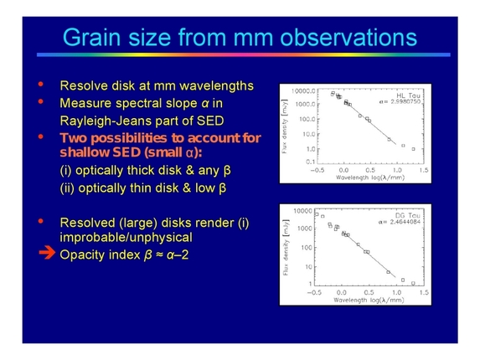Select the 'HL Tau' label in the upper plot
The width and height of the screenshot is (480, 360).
400,96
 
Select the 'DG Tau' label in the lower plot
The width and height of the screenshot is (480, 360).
400,215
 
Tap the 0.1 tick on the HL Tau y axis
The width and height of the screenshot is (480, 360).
306,159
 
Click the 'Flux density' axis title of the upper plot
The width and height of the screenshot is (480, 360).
286,124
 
